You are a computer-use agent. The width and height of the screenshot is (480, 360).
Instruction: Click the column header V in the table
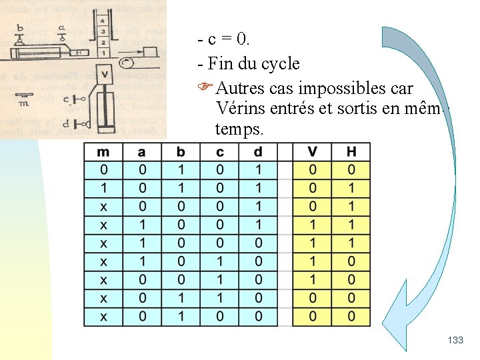[313, 152]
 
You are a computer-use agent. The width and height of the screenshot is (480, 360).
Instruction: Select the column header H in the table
[351, 152]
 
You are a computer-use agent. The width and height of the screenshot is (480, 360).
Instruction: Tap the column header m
[103, 152]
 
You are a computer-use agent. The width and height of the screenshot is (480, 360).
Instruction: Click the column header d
[259, 152]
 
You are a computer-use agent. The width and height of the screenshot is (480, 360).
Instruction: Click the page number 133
[455, 341]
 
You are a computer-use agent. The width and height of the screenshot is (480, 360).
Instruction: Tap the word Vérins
[241, 108]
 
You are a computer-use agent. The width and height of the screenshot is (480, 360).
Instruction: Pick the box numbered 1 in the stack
[103, 51]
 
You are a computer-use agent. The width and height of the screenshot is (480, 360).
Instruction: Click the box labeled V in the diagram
[104, 73]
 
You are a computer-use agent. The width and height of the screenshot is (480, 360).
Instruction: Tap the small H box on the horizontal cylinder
[79, 52]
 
